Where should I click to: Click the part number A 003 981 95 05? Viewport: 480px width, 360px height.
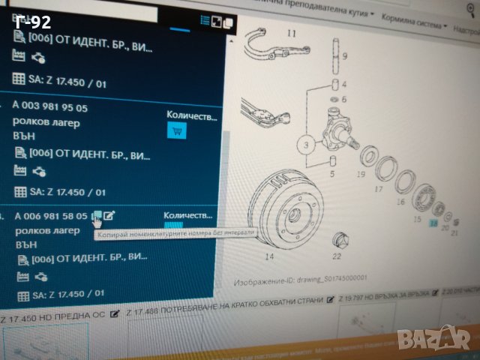[51, 108]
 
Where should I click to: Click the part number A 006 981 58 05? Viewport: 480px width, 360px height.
[52, 216]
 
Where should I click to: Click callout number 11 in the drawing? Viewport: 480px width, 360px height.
[291, 32]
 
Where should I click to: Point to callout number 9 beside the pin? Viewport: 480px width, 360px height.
[344, 56]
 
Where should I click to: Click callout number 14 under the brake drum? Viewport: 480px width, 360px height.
[269, 256]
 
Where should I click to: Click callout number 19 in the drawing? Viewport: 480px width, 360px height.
[360, 174]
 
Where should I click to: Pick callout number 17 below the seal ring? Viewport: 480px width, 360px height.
[378, 190]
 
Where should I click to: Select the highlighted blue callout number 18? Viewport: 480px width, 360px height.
[433, 223]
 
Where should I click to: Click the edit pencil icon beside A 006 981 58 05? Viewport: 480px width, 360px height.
[109, 216]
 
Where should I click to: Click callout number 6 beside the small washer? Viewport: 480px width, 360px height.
[344, 99]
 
